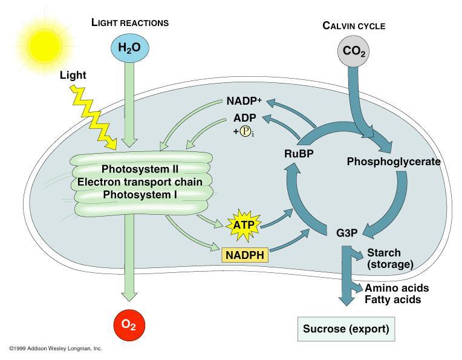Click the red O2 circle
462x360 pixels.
(128, 324)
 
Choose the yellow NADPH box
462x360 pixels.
(245, 255)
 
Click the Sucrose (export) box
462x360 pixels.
(346, 330)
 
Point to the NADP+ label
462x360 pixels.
(244, 100)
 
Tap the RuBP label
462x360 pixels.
(299, 154)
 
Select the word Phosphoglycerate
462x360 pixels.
(393, 162)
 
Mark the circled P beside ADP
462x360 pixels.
(246, 131)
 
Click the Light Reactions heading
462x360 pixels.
(130, 22)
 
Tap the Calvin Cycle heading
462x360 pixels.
(354, 25)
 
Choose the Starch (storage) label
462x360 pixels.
(389, 258)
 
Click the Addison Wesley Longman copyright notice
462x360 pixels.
(56, 349)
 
